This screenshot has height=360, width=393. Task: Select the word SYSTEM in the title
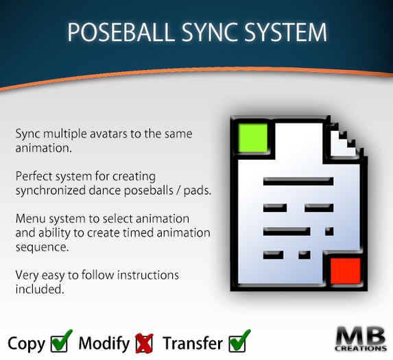[x=289, y=33]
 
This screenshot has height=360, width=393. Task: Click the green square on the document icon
[x=251, y=138]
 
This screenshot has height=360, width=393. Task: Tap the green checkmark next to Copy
[x=61, y=341]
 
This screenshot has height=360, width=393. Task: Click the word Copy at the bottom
[x=26, y=343]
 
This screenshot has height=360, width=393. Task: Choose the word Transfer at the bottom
[x=193, y=343]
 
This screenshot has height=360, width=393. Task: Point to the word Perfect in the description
[x=33, y=176]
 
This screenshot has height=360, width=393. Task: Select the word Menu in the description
[x=29, y=219]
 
